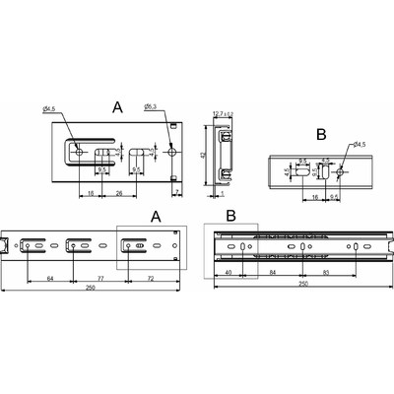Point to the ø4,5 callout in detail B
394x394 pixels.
[354, 146]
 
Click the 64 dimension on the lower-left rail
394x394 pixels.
[48, 280]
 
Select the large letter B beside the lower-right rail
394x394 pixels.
[230, 212]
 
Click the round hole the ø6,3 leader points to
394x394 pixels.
[173, 154]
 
